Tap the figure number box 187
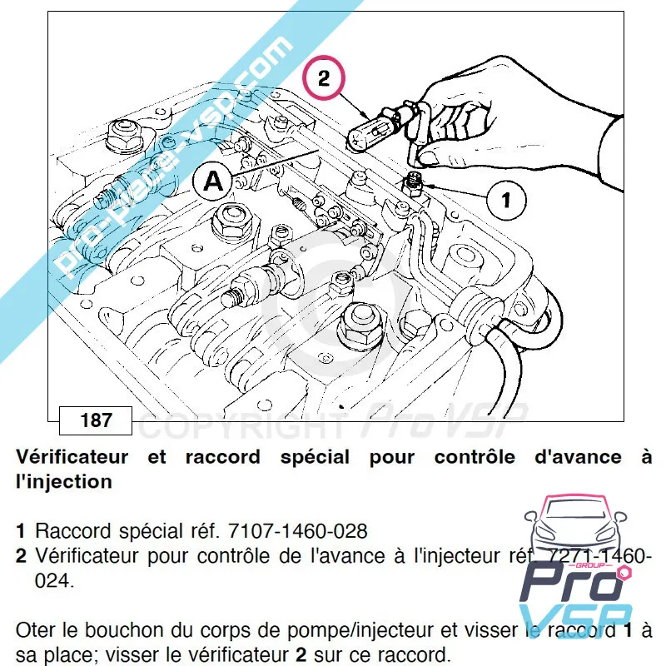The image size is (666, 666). point(96,420)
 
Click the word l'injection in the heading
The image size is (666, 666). point(63,481)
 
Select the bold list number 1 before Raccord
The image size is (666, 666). point(20,530)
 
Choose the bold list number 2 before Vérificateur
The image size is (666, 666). point(20,555)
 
